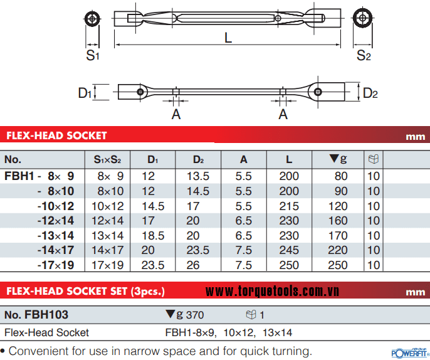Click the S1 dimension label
(92, 55)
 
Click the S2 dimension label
(364, 55)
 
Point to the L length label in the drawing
(228, 38)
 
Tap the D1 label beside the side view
(85, 93)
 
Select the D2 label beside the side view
(370, 93)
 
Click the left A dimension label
(176, 114)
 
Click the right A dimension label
(283, 114)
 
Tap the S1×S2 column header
(107, 159)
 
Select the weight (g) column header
(338, 159)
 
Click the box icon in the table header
(374, 159)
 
